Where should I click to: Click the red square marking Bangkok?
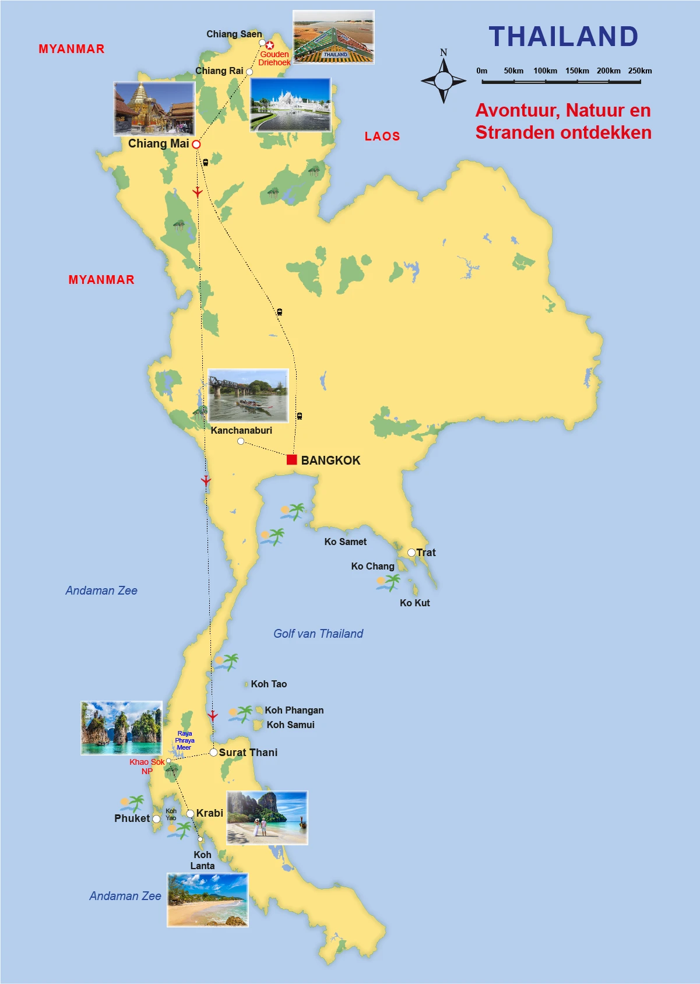point(292,459)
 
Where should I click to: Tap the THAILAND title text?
point(563,37)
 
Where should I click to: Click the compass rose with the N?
point(444,80)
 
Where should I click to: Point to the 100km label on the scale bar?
point(545,71)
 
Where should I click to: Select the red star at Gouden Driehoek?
point(269,45)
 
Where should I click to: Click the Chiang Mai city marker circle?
point(196,144)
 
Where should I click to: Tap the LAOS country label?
point(382,136)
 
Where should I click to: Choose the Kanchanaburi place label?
point(241,430)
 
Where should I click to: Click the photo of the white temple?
point(290,105)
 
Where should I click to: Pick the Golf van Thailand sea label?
point(318,634)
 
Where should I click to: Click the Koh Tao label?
point(269,684)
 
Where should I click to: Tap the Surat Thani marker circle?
point(213,753)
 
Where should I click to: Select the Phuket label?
point(132,818)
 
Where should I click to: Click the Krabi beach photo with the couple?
point(267,817)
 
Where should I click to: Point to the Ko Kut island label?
point(414,603)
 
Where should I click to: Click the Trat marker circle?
point(411,553)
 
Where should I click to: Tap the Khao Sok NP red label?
point(147,766)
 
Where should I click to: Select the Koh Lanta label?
point(202,860)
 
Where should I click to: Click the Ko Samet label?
point(345,542)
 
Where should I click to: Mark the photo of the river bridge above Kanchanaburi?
point(248,395)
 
